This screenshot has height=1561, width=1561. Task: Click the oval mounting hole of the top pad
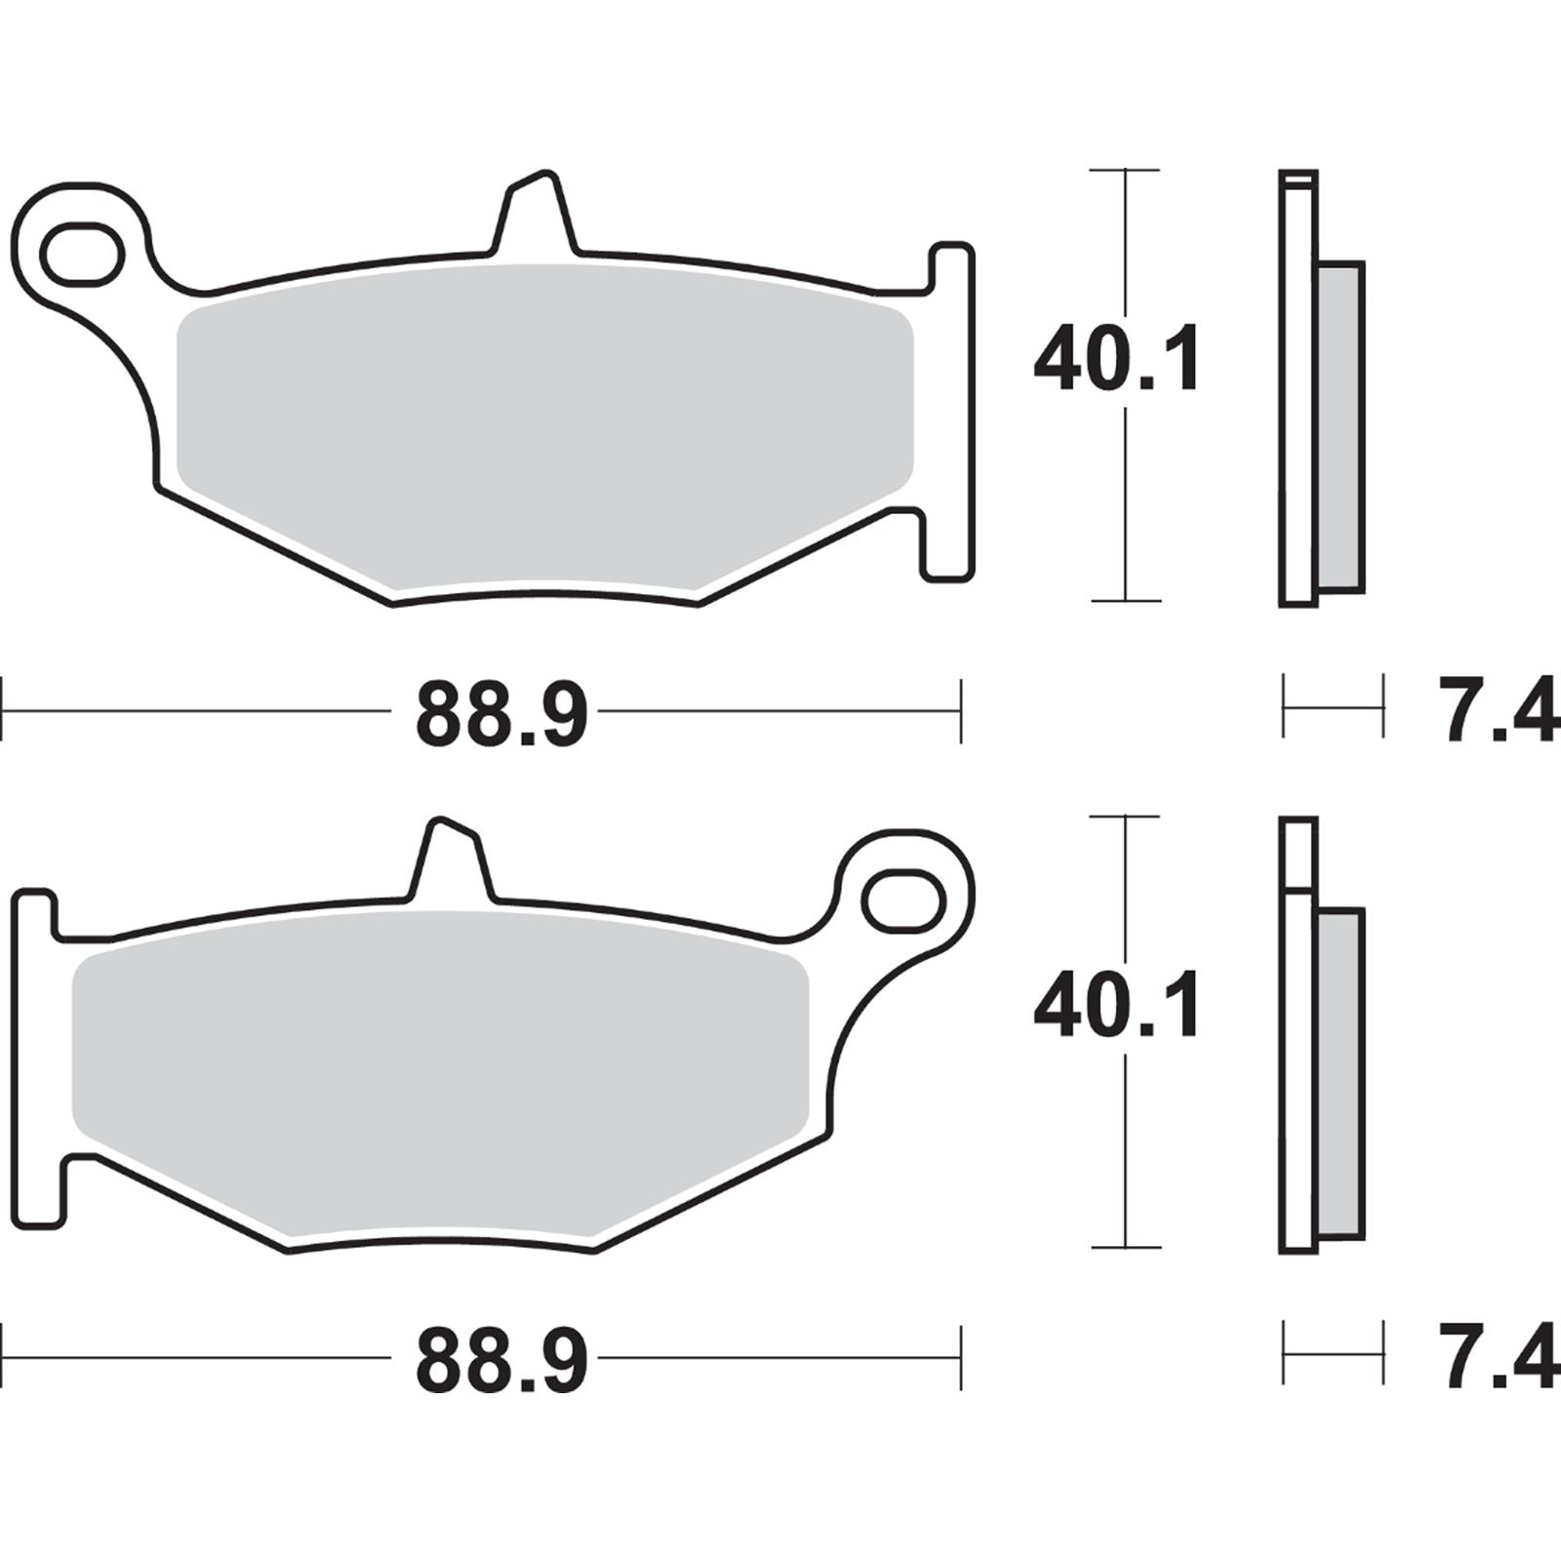pos(82,254)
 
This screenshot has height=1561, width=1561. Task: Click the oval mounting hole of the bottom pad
pos(904,900)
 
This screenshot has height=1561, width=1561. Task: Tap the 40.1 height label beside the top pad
pos(1116,360)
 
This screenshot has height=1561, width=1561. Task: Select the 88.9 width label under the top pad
pos(501,714)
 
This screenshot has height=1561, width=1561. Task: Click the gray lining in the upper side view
pos(1340,426)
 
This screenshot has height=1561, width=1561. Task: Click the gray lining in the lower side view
pos(1340,1073)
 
